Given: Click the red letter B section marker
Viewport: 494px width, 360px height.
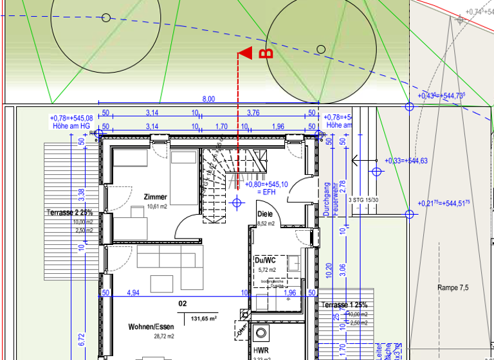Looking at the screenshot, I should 262,54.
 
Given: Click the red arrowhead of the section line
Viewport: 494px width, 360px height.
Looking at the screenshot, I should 244,55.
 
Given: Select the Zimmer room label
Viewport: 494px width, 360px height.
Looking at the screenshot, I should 156,197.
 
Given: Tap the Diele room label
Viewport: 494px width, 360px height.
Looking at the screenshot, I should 265,214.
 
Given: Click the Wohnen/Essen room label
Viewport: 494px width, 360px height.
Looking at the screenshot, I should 151,327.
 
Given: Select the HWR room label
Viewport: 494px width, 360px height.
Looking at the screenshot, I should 261,350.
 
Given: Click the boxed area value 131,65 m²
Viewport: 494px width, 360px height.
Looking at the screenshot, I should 203,318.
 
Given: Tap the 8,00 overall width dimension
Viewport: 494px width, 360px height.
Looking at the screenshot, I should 208,99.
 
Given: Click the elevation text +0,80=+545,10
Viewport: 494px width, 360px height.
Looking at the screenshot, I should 267,184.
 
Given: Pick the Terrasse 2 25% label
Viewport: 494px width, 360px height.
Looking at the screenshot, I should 69,212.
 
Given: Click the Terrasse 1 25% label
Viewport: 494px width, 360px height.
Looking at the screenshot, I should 345,304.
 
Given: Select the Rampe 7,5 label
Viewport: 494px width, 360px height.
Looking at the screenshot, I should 453,287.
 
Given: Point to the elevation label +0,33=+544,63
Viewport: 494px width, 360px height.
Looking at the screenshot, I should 405,161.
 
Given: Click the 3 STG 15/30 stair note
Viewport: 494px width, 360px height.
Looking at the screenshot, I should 363,200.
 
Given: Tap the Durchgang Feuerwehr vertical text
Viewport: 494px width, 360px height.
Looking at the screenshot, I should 331,199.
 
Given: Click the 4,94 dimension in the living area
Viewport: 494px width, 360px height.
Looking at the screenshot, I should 133,292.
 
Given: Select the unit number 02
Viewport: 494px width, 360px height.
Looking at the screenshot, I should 183,302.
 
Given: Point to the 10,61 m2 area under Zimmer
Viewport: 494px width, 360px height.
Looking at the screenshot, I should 156,206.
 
